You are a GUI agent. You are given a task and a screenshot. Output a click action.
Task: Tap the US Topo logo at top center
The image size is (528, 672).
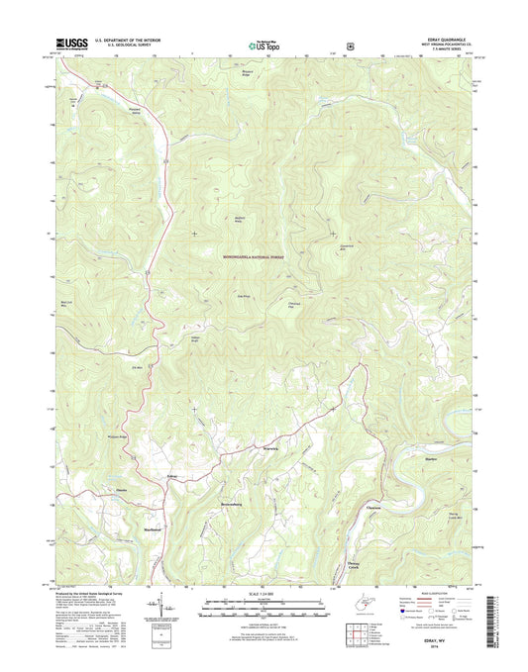pyautogui.click(x=263, y=44)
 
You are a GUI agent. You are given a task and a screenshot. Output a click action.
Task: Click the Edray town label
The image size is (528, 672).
pyautogui.click(x=172, y=478)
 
